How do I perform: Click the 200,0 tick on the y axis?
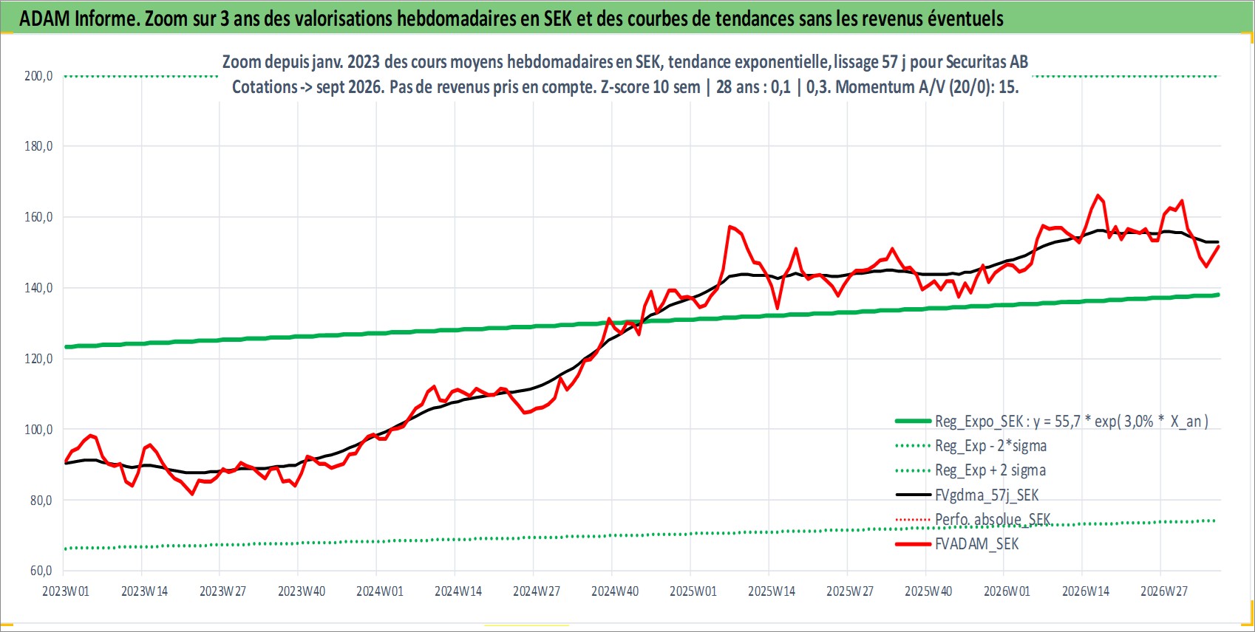coord(38,76)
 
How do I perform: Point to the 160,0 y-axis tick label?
coord(38,217)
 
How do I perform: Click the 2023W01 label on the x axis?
coord(66,591)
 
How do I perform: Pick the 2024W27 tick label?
coord(537,591)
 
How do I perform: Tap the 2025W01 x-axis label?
coord(693,591)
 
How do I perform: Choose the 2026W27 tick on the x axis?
coord(1164,591)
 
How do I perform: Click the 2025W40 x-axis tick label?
coord(928,591)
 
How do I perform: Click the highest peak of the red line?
coord(1098,196)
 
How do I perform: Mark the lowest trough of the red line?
coord(192,494)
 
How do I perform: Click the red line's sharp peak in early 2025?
coord(729,227)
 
